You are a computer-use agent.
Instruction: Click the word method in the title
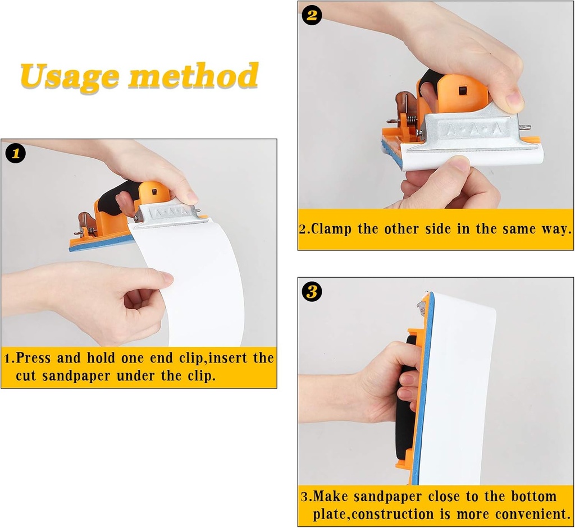click(193, 76)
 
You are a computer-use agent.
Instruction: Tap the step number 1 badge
click(15, 153)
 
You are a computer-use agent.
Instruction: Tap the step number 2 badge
click(312, 15)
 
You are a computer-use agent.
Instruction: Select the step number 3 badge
click(312, 291)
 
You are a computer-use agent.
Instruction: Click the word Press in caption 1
click(35, 358)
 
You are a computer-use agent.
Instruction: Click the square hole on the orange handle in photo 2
click(462, 90)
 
